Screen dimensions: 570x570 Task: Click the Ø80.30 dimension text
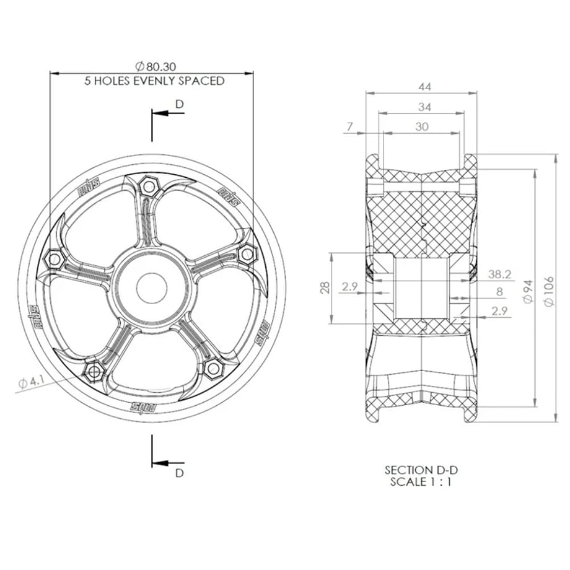[156, 66]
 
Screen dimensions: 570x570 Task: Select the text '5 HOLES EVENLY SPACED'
[154, 81]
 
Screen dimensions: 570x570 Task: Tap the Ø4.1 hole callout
[30, 382]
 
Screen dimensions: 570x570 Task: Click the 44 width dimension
[424, 87]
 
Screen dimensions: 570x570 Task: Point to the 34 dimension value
[424, 107]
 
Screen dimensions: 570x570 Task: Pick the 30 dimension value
[422, 126]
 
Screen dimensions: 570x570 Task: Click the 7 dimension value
[349, 126]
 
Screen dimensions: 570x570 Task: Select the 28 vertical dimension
[325, 287]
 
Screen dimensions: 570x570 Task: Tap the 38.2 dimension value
[499, 274]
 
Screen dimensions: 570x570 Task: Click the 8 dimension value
[499, 292]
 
